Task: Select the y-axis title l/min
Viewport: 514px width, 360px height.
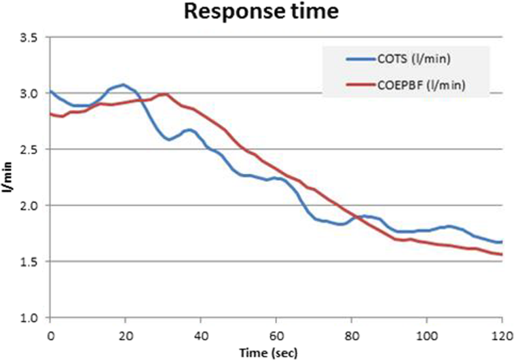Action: coord(9,177)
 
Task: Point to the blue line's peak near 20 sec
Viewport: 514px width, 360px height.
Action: coord(123,84)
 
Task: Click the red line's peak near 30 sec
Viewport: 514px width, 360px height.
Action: coord(164,94)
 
